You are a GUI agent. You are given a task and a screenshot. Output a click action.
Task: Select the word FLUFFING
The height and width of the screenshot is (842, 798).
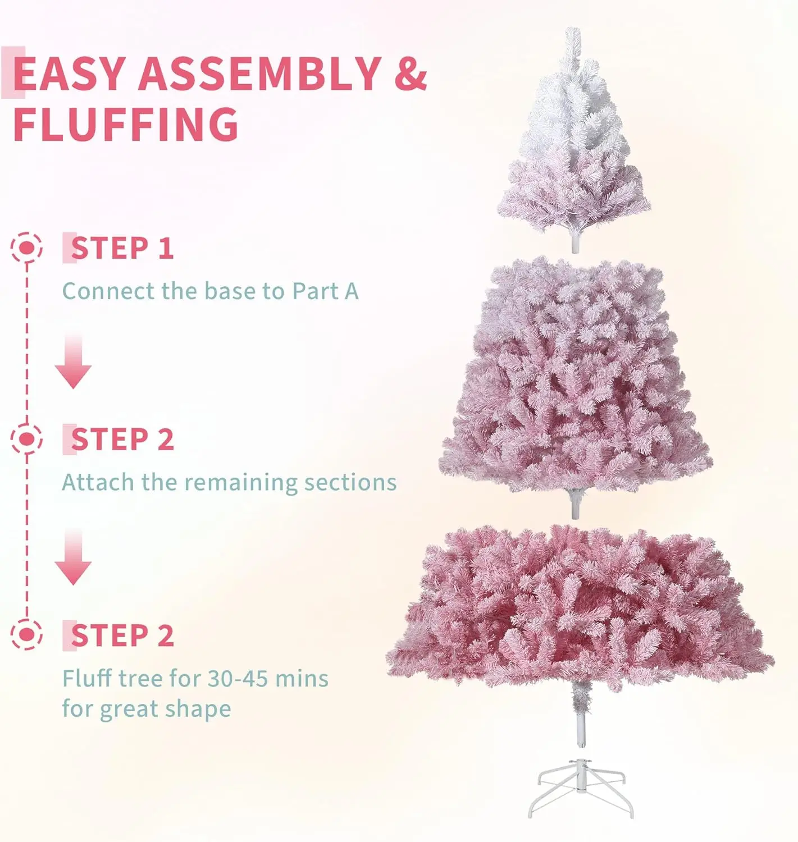126,123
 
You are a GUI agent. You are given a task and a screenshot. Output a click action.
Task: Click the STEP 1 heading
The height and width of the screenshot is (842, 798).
122,248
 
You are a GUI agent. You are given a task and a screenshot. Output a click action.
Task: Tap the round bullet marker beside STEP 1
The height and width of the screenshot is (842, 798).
26,247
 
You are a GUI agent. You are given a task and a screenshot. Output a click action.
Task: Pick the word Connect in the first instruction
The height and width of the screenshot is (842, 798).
109,291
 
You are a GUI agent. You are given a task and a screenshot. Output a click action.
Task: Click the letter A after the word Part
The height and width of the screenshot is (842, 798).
351,291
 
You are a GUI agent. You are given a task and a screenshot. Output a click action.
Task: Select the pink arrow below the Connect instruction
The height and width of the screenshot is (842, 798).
73,361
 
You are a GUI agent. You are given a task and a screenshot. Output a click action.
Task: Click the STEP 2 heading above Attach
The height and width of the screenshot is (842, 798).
122,440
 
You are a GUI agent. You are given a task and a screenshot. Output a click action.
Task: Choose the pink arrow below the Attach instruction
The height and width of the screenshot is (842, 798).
73,557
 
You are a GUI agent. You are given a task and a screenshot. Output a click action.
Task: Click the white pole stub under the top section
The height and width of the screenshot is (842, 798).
574,242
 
